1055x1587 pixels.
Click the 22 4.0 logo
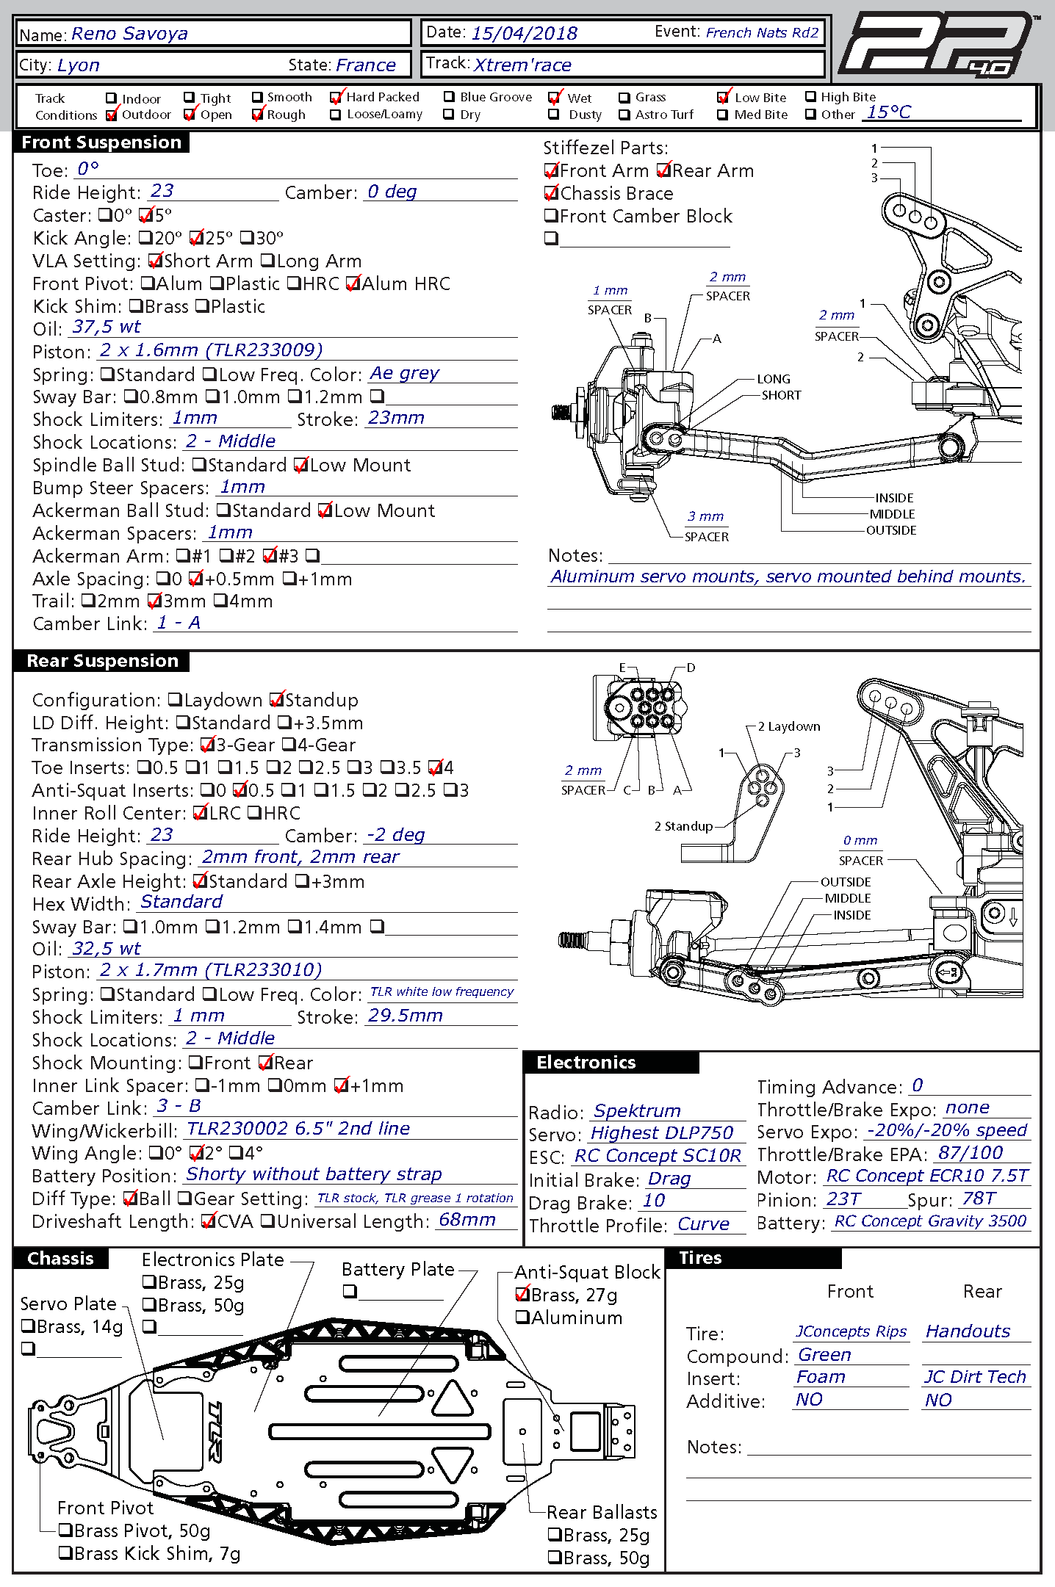pyautogui.click(x=937, y=44)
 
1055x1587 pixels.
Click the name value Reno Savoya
pyautogui.click(x=129, y=34)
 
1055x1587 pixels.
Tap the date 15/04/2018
pyautogui.click(x=524, y=33)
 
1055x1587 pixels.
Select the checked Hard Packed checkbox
pyautogui.click(x=336, y=98)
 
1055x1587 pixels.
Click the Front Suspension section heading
pyautogui.click(x=101, y=142)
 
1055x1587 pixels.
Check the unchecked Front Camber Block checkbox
pyautogui.click(x=551, y=216)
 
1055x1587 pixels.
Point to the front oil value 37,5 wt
pyautogui.click(x=106, y=328)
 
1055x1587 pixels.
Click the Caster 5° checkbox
pyautogui.click(x=145, y=216)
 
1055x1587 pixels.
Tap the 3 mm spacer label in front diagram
pyautogui.click(x=705, y=516)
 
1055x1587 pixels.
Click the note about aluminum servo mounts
pyautogui.click(x=788, y=577)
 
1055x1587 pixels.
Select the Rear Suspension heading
pyautogui.click(x=102, y=661)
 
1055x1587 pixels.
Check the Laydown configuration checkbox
pyautogui.click(x=175, y=700)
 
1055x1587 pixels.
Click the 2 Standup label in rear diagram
pyautogui.click(x=683, y=826)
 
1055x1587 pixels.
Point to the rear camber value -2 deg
pyautogui.click(x=395, y=835)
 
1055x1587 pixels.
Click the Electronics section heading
pyautogui.click(x=586, y=1063)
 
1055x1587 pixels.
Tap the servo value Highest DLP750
pyautogui.click(x=661, y=1133)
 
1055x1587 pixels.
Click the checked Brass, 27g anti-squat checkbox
pyautogui.click(x=522, y=1294)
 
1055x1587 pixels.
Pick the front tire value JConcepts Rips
pyautogui.click(x=851, y=1331)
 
